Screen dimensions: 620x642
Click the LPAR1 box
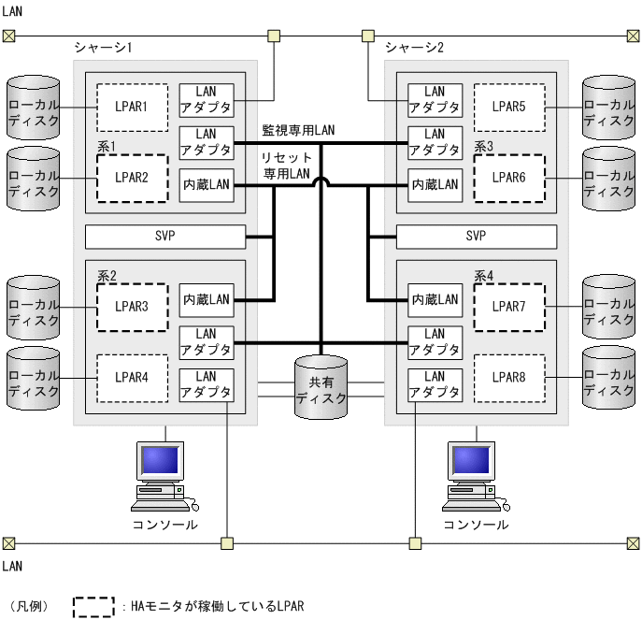(132, 107)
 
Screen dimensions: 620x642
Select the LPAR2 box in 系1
(132, 178)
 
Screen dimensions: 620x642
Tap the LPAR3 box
(132, 306)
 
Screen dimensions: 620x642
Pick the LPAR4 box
(132, 377)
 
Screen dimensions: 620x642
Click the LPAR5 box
(508, 107)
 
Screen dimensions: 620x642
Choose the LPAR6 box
(508, 178)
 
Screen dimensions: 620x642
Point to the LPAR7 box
(508, 306)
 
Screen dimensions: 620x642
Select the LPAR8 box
(508, 377)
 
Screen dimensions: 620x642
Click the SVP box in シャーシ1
(164, 237)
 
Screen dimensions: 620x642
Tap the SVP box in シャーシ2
(476, 237)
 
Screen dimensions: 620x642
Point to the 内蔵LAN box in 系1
(207, 185)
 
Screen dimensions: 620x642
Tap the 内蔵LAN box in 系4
(435, 299)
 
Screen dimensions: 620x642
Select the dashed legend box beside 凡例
(94, 606)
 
